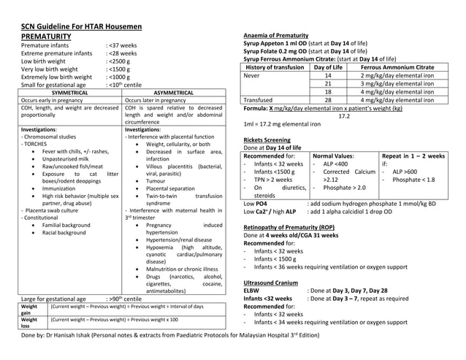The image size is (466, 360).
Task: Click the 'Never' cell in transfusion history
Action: [252, 75]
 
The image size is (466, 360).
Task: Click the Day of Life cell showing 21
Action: [328, 84]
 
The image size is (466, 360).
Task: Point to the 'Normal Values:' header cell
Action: [335, 156]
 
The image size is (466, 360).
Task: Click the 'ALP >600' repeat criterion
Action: [404, 172]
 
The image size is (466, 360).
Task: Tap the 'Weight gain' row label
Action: [29, 310]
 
